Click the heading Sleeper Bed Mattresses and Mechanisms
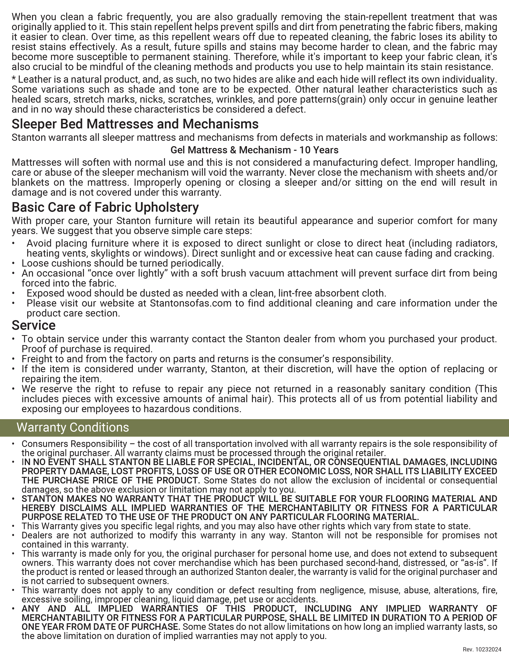135,124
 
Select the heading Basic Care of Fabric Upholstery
105,207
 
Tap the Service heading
34,325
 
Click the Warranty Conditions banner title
73,428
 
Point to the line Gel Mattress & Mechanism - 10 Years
254,150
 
